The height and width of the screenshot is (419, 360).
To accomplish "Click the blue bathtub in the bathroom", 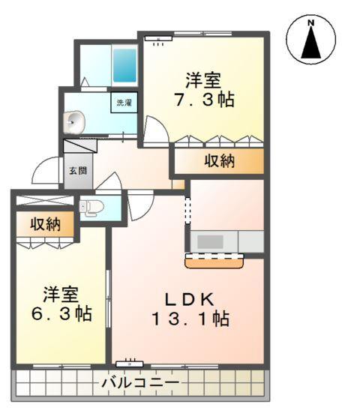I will (x=122, y=66).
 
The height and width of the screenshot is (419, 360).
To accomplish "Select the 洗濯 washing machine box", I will (x=123, y=102).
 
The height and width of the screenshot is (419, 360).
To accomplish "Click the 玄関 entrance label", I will (x=76, y=170).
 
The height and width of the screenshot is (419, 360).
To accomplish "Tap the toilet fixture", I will (x=89, y=207).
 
